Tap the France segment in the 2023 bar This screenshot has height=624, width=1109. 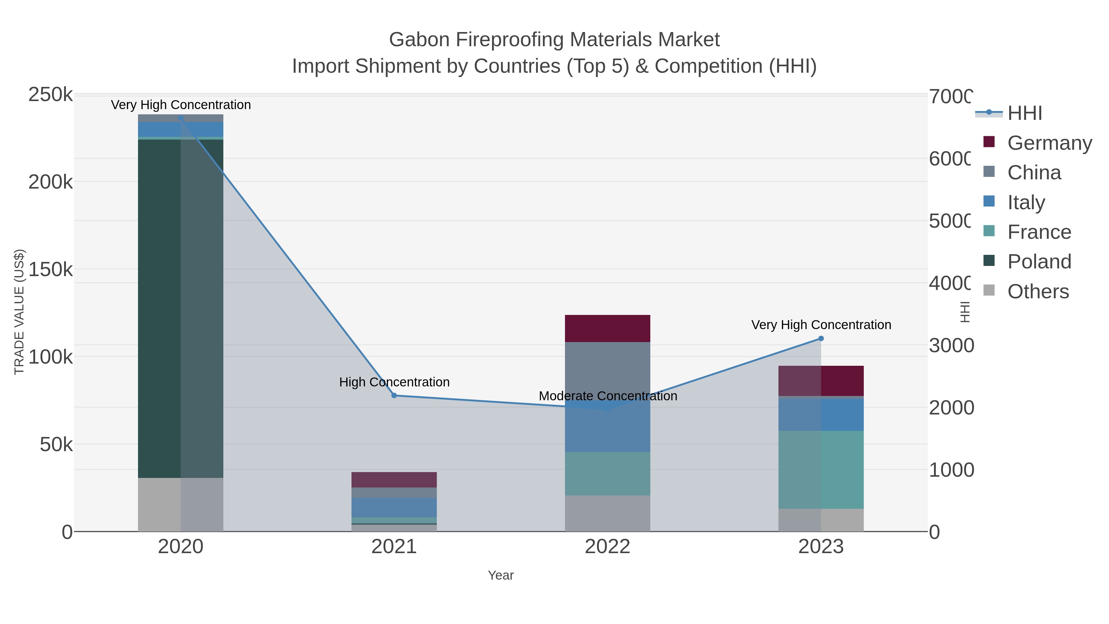(x=821, y=469)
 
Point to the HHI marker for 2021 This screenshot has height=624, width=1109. (x=394, y=395)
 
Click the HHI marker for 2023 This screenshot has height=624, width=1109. (x=821, y=338)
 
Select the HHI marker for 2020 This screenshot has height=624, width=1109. (x=181, y=118)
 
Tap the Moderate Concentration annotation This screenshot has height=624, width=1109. (x=607, y=396)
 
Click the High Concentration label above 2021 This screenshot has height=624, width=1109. (x=394, y=382)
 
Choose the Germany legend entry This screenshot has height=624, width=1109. (x=1049, y=143)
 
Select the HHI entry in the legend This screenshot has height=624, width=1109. (x=1024, y=113)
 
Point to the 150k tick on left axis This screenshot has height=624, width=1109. (x=51, y=270)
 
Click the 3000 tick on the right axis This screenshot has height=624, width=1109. (x=951, y=345)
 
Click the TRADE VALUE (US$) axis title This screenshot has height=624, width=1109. (x=19, y=312)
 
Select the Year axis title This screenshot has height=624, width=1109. (x=500, y=575)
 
